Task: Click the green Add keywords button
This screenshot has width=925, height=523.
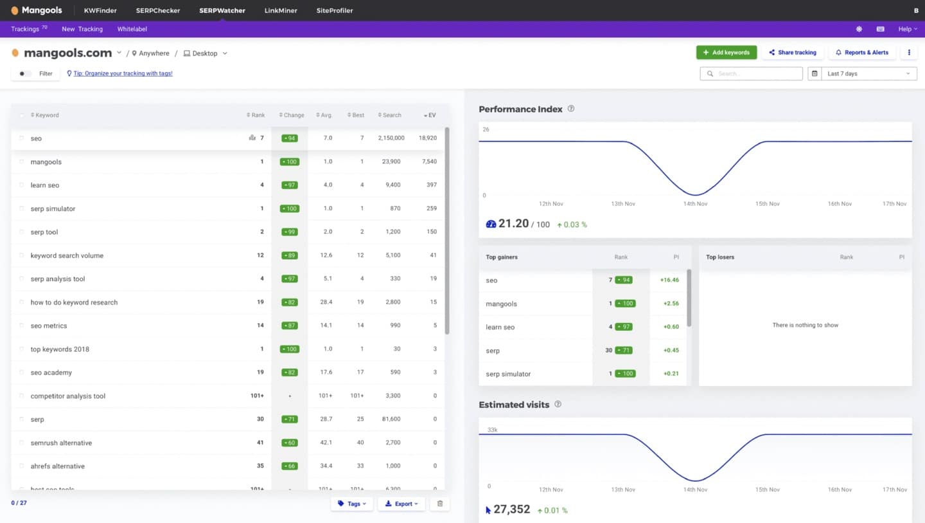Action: [x=726, y=53]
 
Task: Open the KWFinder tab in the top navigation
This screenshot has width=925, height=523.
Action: [x=100, y=11]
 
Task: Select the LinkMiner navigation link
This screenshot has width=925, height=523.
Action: [x=281, y=11]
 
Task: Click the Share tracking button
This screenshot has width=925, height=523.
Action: [x=792, y=53]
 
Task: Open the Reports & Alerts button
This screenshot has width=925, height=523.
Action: [x=862, y=53]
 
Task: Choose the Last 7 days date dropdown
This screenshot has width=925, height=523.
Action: [x=862, y=74]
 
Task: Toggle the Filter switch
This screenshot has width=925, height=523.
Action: [x=25, y=74]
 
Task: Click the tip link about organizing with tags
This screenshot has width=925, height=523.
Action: [x=123, y=74]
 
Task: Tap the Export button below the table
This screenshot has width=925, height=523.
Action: [x=401, y=504]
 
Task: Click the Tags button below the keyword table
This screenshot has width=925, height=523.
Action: [x=352, y=504]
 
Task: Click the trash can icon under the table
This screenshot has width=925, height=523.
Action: [x=440, y=504]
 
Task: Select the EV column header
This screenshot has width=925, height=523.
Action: [x=431, y=115]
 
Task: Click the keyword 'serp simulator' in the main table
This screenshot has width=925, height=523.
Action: [x=53, y=208]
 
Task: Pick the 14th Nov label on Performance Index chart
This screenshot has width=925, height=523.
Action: [x=695, y=204]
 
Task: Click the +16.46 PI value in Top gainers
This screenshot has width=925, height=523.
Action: [x=669, y=280]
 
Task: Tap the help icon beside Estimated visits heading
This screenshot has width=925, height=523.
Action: [x=558, y=405]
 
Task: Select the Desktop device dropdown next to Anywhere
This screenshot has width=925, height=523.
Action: [x=206, y=53]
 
